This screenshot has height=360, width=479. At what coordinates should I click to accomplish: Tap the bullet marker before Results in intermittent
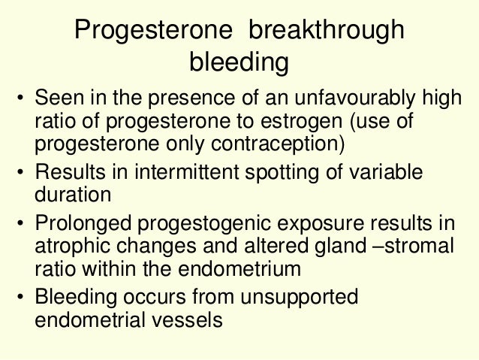(x=23, y=175)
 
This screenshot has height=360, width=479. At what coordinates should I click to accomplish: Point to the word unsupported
(x=296, y=298)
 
